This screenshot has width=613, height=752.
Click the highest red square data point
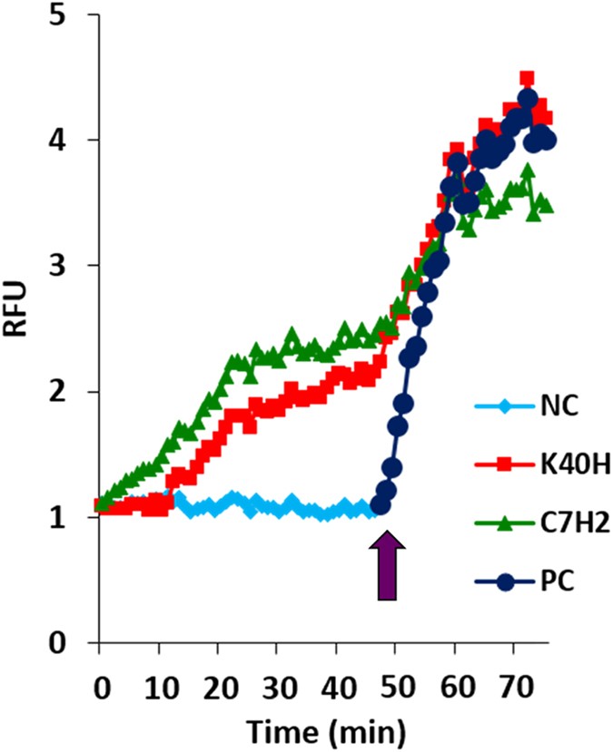527,79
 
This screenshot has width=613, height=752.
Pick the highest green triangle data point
527,171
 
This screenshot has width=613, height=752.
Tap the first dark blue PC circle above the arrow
381,505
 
